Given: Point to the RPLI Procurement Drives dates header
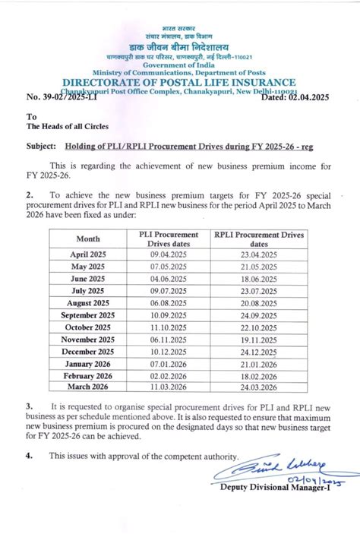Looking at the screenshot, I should click(259, 239).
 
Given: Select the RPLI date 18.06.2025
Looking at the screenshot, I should click(259, 279).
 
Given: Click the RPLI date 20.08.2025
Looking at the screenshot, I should click(259, 303).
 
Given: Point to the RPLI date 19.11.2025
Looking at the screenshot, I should click(259, 340).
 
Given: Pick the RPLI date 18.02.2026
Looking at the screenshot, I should click(259, 376).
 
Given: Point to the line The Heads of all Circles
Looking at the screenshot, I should click(68, 126).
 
